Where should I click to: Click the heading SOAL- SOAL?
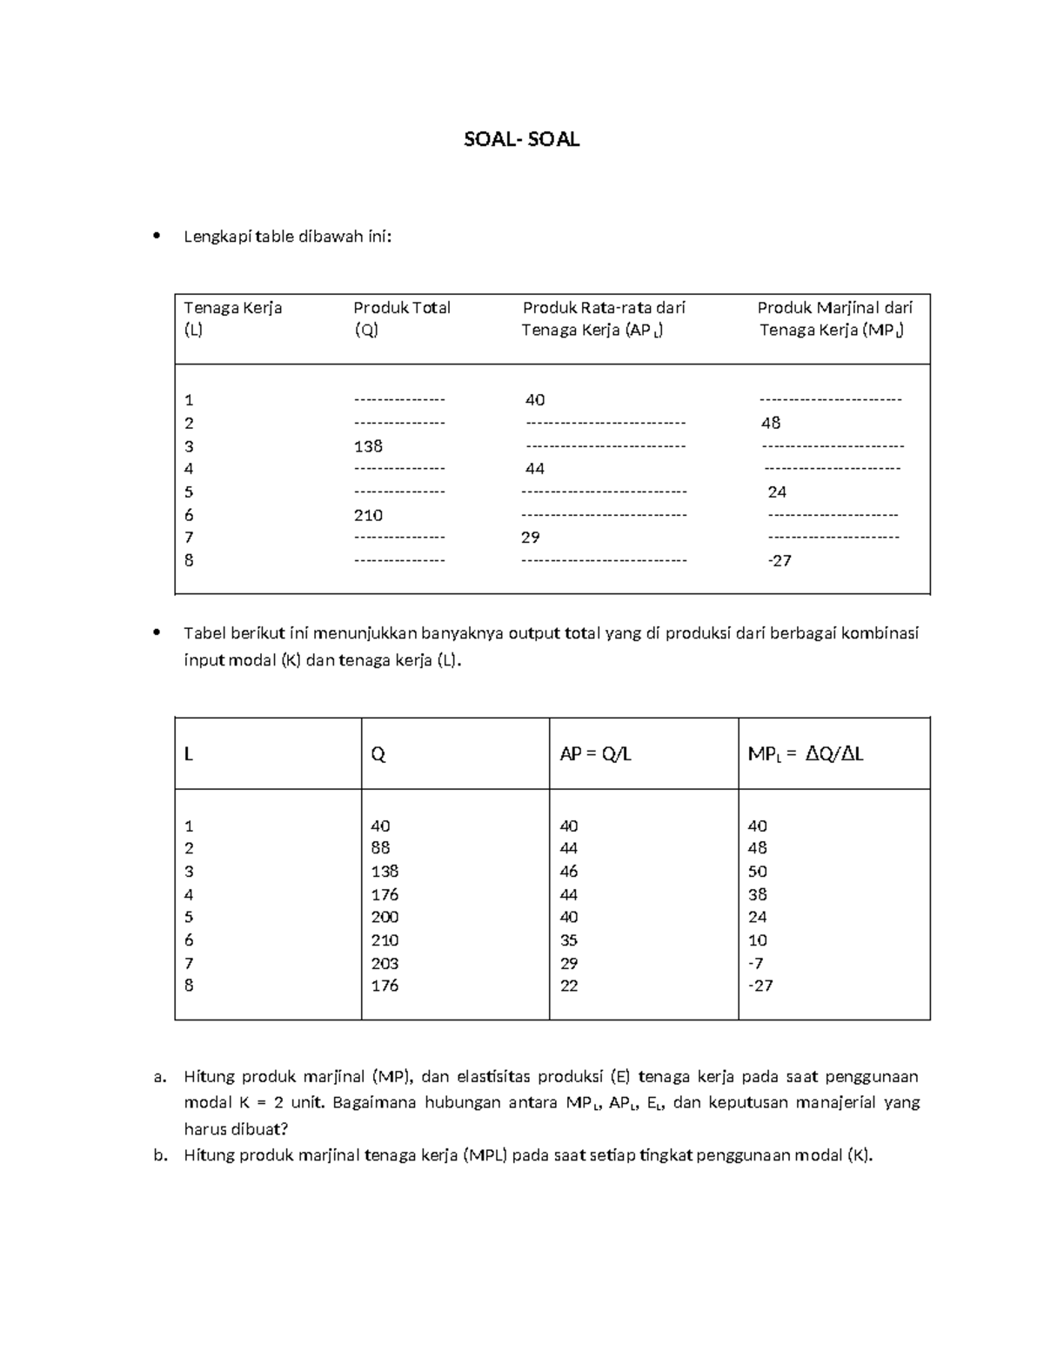coord(521,140)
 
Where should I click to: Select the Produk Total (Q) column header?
coord(401,318)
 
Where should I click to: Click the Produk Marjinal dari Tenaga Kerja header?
coord(833,318)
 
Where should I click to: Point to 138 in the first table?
coord(368,446)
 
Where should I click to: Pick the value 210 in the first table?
coord(368,515)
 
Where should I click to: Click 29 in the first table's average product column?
coord(531,538)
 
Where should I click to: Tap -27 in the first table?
coord(779,561)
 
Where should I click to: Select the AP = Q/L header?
coord(595,754)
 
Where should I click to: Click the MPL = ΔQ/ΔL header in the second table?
coord(805,754)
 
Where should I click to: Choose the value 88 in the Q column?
coord(380,848)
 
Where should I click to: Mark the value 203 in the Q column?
coord(385,963)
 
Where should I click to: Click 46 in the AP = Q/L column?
coord(569,872)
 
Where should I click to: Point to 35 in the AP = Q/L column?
coord(569,940)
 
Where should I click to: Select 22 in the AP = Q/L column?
coord(569,986)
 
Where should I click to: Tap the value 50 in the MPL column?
coord(758,872)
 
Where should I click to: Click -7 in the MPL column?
coord(755,963)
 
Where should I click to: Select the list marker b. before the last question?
coord(160,1155)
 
